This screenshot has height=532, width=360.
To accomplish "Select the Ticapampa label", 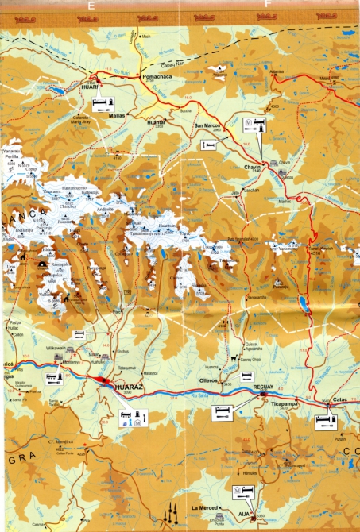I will pos(284,403).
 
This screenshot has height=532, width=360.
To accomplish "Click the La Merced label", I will pos(204,507).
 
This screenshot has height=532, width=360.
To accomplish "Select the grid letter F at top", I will pos(269,4).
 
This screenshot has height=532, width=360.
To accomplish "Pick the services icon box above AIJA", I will pos(242,493).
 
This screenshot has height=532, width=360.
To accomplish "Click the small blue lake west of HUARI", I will pos(57,91).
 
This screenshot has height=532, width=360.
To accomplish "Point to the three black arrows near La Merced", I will pos(168,516).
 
